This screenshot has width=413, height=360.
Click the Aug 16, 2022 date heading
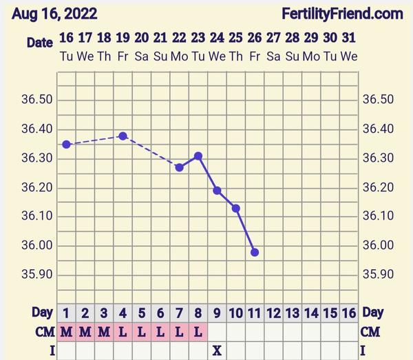[x=54, y=14]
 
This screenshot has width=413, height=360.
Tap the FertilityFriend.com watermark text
[x=342, y=14]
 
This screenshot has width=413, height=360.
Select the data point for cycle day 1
[x=67, y=144]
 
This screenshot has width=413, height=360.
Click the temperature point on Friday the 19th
[x=123, y=136]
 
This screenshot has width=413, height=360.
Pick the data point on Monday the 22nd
[x=180, y=167]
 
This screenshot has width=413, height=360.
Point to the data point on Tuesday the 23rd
[x=198, y=156]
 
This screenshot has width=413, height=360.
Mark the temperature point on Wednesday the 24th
[x=217, y=191]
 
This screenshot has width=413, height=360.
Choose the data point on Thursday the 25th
[x=236, y=208]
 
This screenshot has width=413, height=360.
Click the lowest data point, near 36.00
[x=255, y=252]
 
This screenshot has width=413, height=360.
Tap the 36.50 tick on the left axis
[x=37, y=100]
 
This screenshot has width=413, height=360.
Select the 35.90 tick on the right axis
[x=377, y=275]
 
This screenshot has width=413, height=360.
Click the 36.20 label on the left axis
[x=37, y=187]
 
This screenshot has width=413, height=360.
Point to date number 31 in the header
[x=349, y=38]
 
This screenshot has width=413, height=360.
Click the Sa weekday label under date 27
[x=273, y=56]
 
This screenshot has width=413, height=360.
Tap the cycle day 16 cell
[x=349, y=313]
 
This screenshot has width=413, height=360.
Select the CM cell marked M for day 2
[x=85, y=332]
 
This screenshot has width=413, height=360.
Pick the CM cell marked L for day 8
[x=198, y=332]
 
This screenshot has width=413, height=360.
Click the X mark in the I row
[x=217, y=350]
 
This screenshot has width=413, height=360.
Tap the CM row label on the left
[x=43, y=332]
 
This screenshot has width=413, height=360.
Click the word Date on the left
[x=40, y=42]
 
